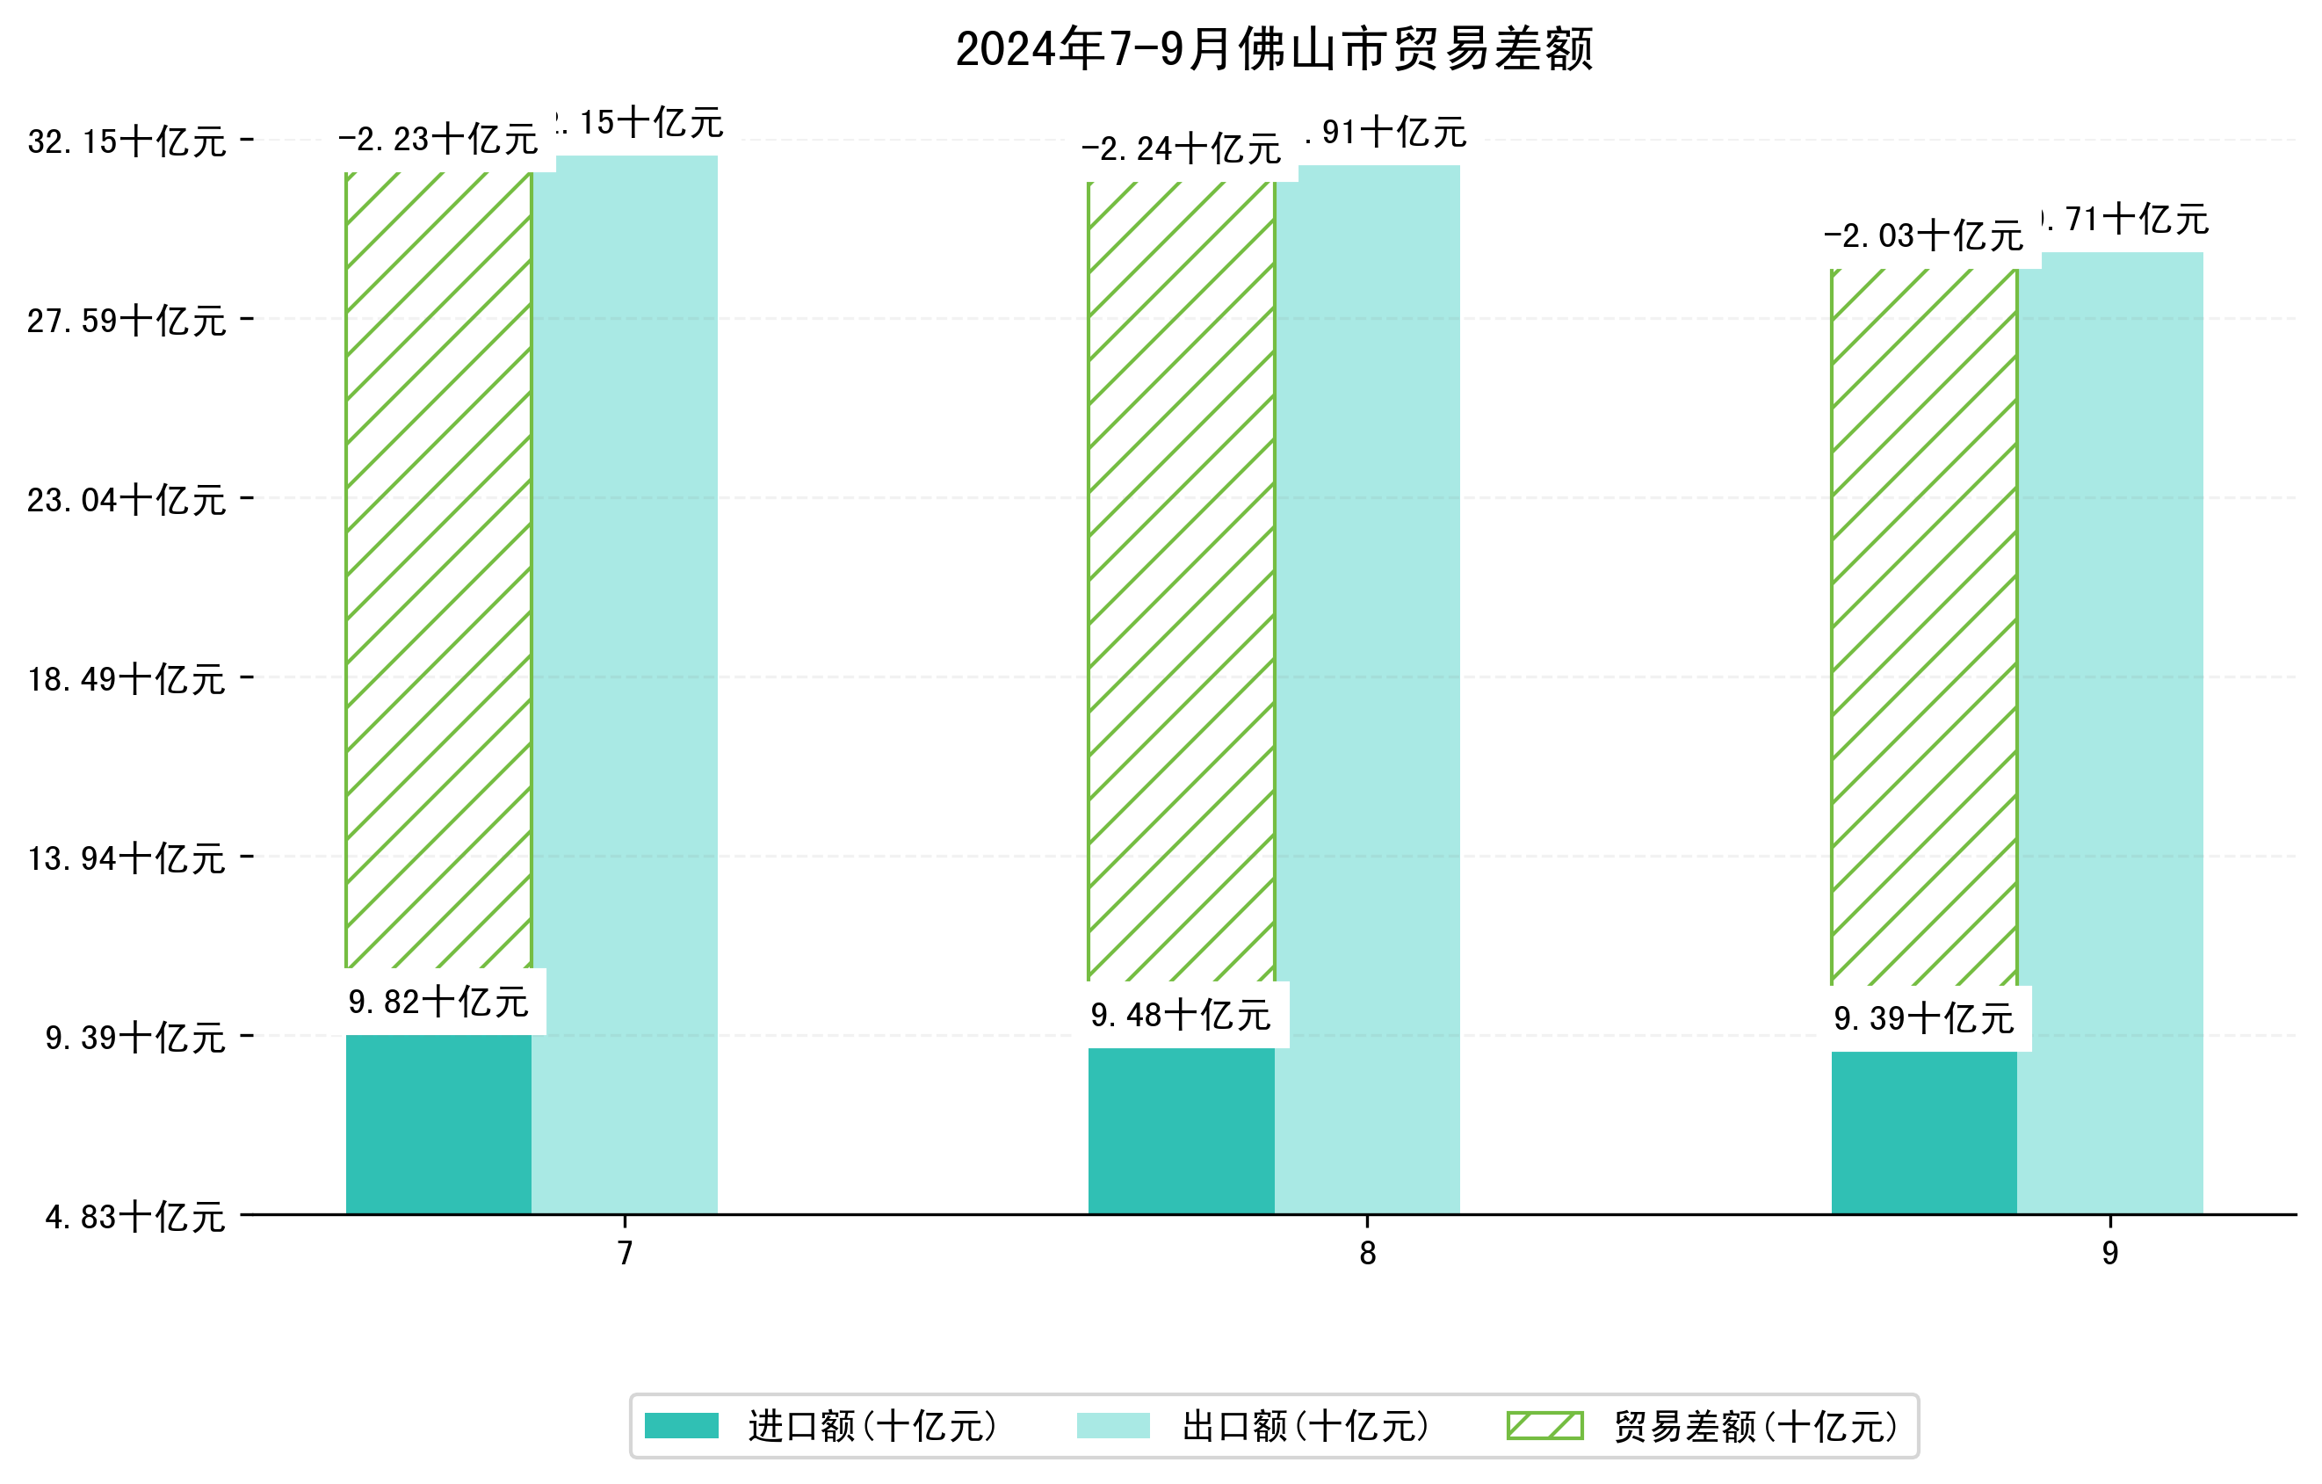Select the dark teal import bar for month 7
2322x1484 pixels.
pos(438,1125)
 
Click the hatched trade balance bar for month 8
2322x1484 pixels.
pos(1182,578)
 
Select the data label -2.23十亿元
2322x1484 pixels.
pos(438,140)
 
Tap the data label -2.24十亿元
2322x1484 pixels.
pos(1182,149)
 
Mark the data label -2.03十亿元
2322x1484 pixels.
pos(1924,236)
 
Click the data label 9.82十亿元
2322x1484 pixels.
pos(438,1003)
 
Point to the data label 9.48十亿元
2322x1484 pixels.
pos(1182,1016)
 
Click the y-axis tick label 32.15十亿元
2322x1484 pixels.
pos(127,141)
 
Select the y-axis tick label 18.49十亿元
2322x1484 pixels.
pos(127,679)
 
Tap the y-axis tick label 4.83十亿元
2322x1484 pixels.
pos(135,1217)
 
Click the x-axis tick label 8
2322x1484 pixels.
pos(1367,1253)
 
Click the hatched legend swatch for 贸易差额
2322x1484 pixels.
pos(1544,1425)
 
